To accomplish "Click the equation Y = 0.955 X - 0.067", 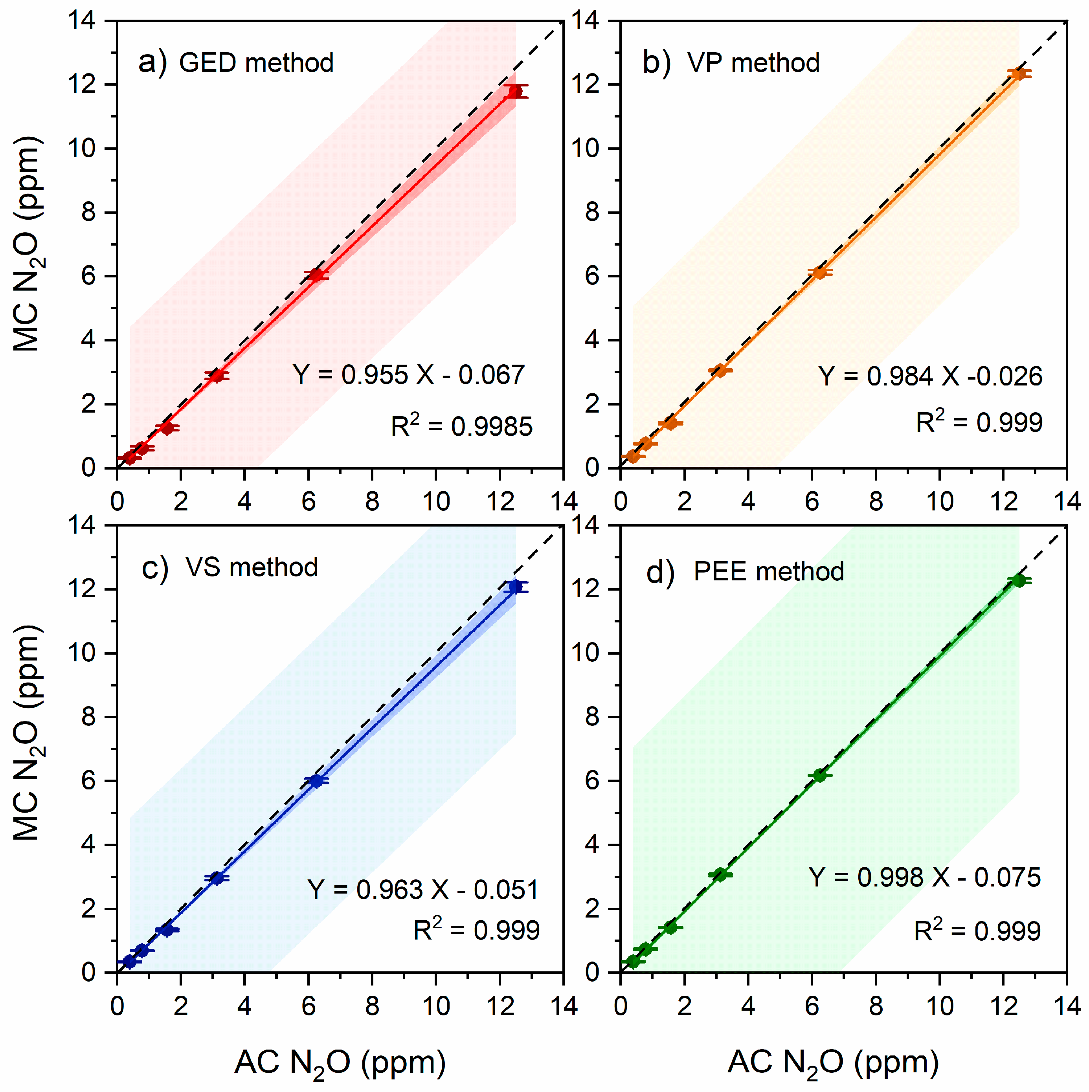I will coord(408,375).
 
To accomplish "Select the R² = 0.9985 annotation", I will coord(461,426).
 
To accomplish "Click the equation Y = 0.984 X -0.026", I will coord(930,376).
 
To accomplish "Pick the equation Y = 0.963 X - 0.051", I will coord(422,890).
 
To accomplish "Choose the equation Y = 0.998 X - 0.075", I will coord(924,877).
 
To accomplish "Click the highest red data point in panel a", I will coord(515,92).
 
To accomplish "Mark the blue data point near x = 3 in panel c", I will coord(217,878).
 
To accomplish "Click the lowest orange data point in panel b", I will coord(633,456).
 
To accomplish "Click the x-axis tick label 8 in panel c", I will coord(372,1006).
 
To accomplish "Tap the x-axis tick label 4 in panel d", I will coord(748,1006).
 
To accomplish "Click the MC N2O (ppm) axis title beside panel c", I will coord(27,733).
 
